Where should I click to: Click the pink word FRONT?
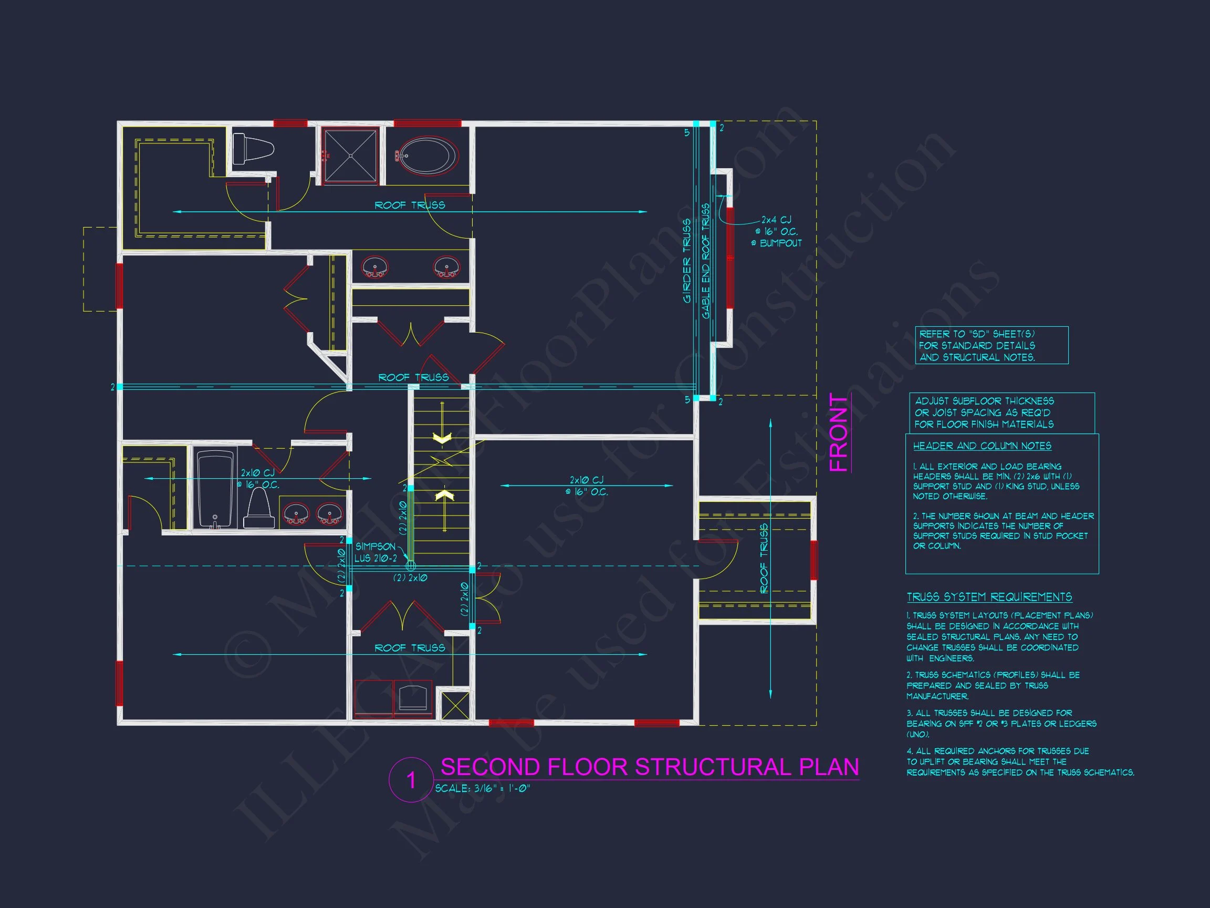tap(839, 432)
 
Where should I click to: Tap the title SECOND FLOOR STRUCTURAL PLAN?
tap(649, 767)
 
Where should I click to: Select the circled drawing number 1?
tap(411, 780)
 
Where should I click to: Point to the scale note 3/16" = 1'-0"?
tap(483, 789)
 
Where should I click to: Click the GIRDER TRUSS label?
tap(687, 261)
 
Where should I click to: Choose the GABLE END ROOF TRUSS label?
tap(706, 261)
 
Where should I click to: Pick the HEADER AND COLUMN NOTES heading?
tap(982, 446)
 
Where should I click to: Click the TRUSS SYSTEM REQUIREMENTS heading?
tap(989, 597)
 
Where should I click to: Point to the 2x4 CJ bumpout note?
tap(777, 232)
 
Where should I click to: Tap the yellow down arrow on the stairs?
tap(442, 438)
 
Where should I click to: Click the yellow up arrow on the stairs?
tap(445, 496)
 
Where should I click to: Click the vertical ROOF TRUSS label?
tap(764, 558)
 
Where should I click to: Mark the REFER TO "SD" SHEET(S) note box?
tap(991, 345)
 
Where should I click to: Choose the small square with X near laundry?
tap(455, 706)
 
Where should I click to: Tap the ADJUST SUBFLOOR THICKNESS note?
tap(1001, 412)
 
